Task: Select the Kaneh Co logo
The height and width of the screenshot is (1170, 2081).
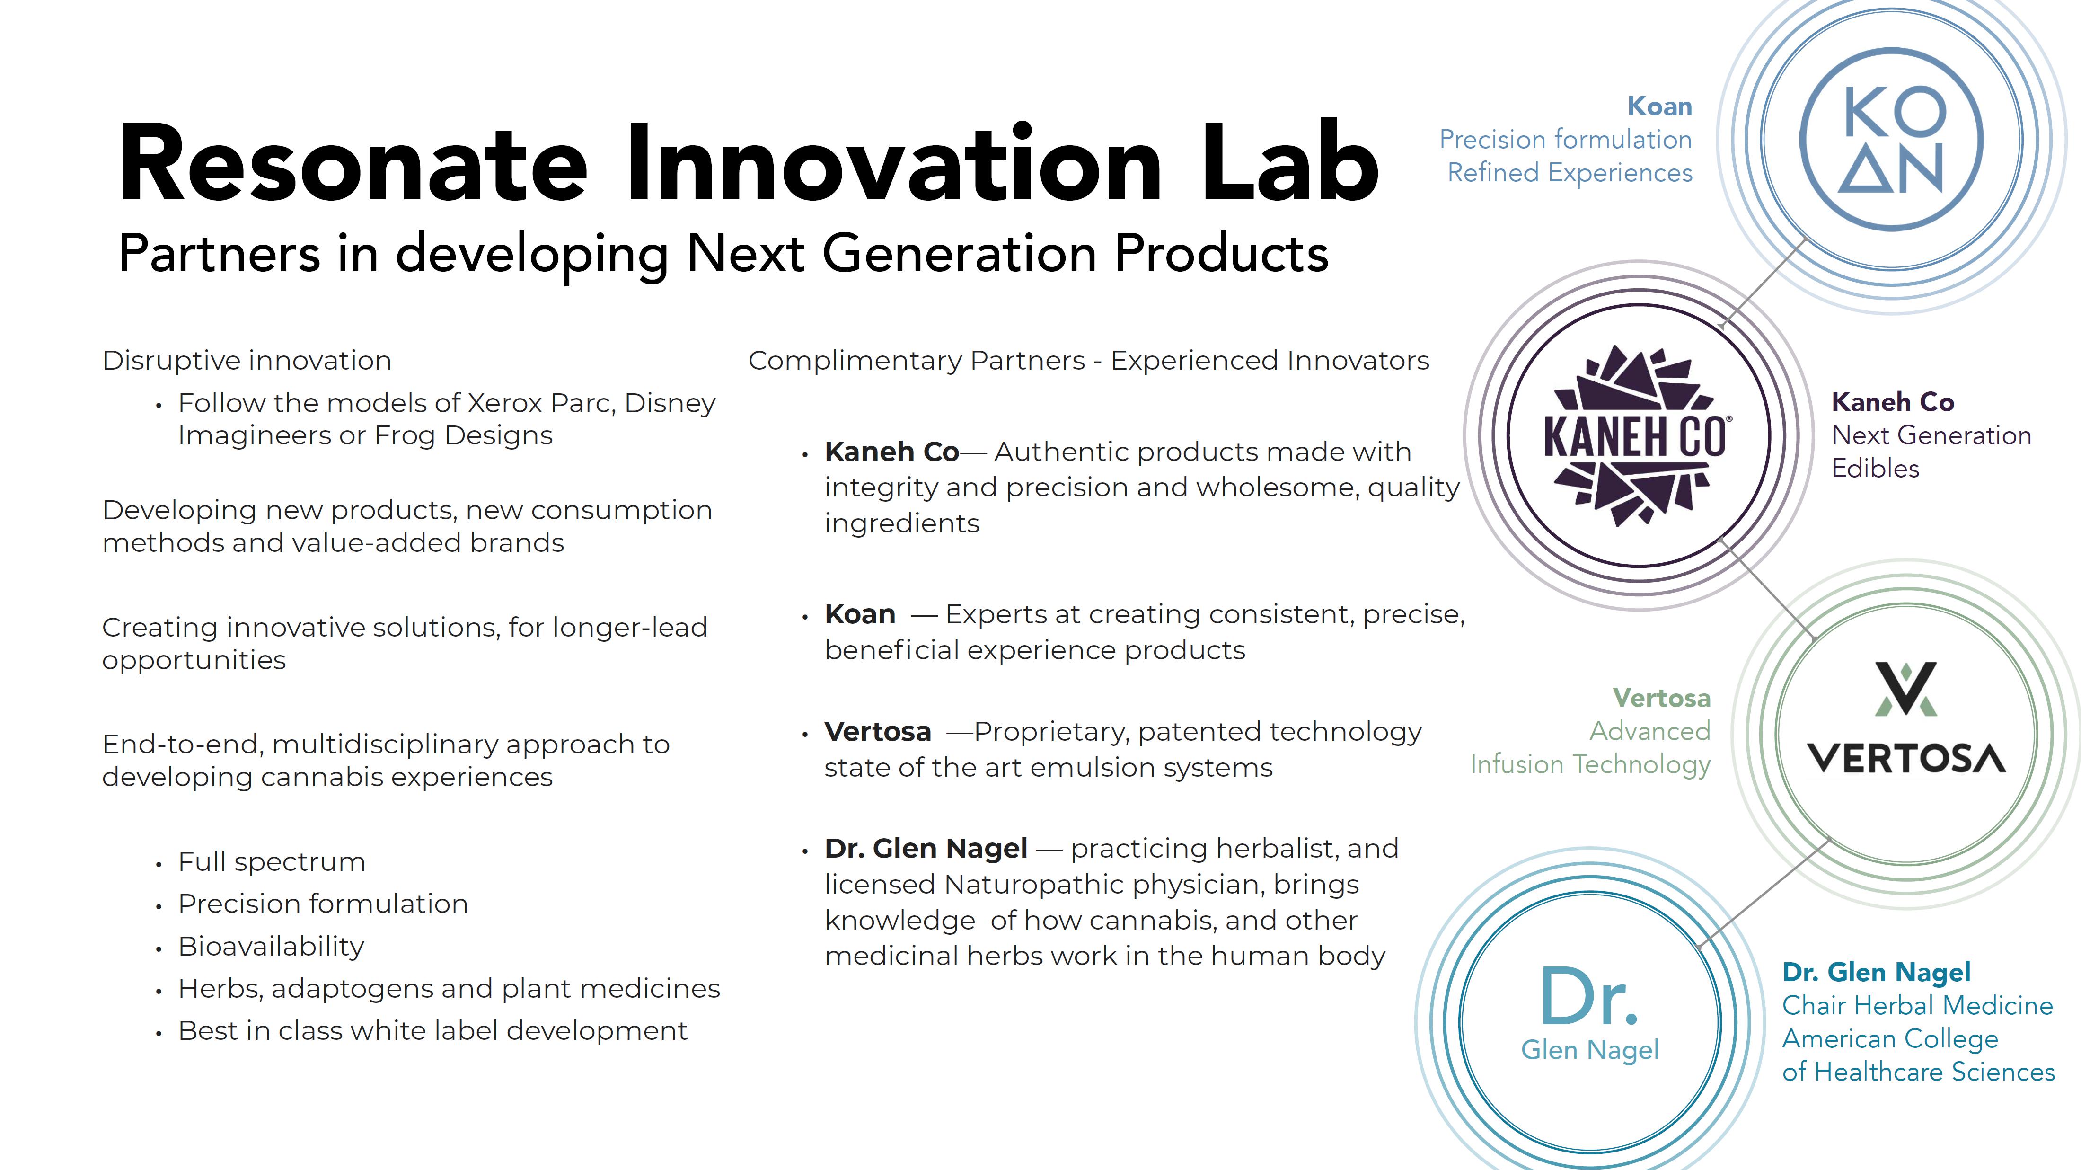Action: coord(1637,435)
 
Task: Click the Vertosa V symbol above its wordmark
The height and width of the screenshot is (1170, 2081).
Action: coord(1906,689)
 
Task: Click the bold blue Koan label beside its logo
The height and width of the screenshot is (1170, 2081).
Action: coord(1659,106)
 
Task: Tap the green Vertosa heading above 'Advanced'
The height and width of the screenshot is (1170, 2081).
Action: coord(1662,697)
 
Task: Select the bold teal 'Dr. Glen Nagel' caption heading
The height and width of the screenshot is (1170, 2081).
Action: coord(1877,972)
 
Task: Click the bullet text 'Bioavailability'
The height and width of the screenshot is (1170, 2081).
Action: coord(272,946)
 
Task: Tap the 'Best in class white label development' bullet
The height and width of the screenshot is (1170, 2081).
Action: coord(433,1031)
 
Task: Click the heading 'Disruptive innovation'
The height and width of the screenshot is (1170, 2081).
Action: coord(247,360)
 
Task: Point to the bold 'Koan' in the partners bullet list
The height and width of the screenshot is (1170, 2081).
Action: coord(860,614)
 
